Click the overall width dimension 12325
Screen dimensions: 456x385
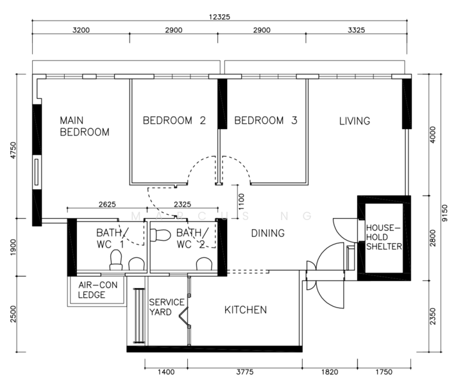tap(219, 17)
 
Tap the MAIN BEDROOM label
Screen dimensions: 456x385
tap(84, 126)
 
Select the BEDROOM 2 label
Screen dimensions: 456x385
tap(174, 121)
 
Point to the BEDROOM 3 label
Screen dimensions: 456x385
tap(266, 121)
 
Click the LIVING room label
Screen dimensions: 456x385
tap(355, 121)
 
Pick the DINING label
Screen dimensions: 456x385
tap(268, 233)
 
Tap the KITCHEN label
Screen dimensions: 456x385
tap(246, 310)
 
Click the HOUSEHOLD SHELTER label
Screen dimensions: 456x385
tap(384, 237)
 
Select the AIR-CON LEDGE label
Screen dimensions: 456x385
tap(97, 290)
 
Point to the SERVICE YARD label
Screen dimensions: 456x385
tap(167, 307)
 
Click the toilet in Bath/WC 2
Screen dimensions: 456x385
tap(160, 235)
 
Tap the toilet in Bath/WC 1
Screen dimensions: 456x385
tap(115, 260)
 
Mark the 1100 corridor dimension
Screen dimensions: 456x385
tap(241, 201)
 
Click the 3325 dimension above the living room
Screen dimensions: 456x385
tap(356, 30)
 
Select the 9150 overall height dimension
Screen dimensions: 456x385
tap(444, 213)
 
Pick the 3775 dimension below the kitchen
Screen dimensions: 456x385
tap(245, 372)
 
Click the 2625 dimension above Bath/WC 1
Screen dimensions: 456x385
tap(107, 204)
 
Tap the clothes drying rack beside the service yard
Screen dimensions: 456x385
tap(139, 316)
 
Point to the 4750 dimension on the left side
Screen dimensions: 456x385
tap(13, 150)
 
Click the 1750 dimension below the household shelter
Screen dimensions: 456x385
tap(384, 372)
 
